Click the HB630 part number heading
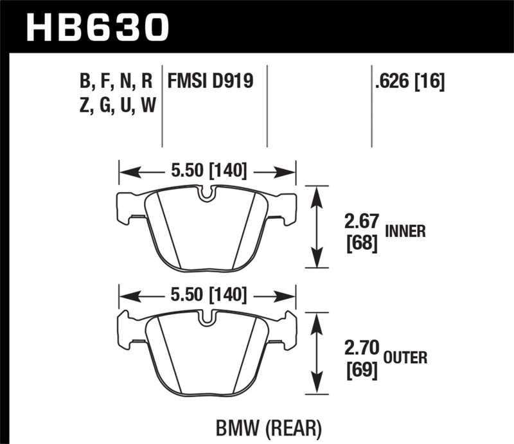tap(96, 26)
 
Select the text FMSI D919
tap(210, 82)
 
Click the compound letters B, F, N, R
tap(116, 82)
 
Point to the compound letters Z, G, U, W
tap(116, 107)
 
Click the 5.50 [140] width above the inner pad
tap(206, 172)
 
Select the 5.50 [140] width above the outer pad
tap(206, 295)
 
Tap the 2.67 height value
tap(360, 224)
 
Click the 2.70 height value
tap(360, 351)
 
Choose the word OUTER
tap(407, 357)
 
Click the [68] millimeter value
tap(359, 245)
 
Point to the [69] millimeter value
tap(359, 371)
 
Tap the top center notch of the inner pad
tap(206, 193)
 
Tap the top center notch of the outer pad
tap(206, 317)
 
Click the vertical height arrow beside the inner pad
tap(315, 226)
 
